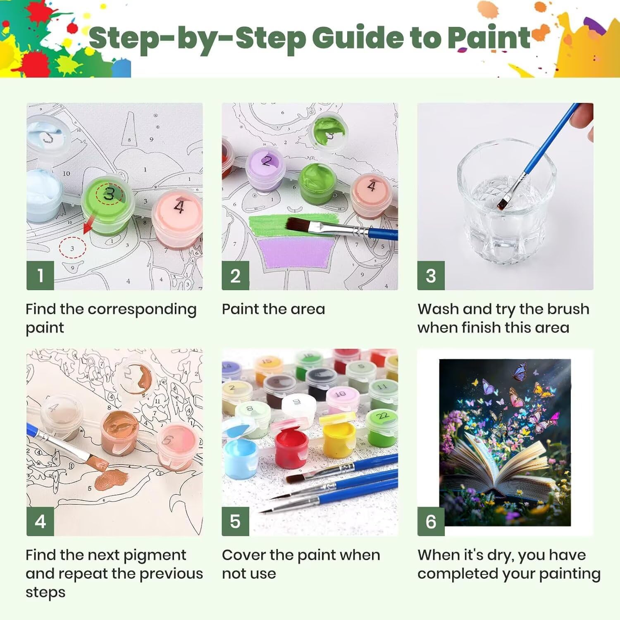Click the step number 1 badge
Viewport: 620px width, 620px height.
click(40, 275)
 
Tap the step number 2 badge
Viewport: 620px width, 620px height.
click(235, 275)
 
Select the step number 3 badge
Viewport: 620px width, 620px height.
click(431, 275)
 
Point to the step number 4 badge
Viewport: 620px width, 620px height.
click(40, 521)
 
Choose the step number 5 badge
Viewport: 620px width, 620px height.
click(235, 521)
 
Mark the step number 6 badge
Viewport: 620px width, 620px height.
click(431, 521)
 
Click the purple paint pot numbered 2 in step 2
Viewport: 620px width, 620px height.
click(266, 169)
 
